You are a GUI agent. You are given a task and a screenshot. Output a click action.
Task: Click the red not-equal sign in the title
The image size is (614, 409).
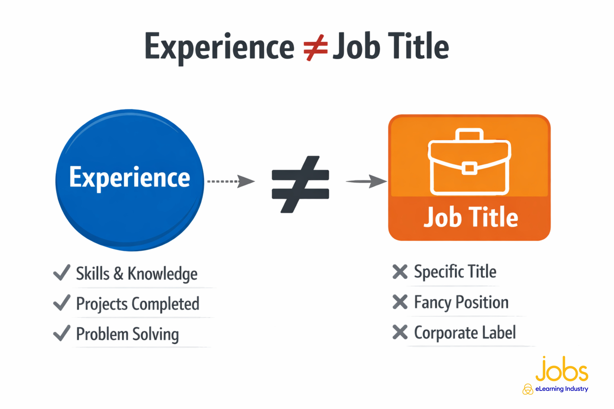316,48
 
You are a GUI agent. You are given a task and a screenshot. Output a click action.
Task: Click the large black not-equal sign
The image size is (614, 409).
300,184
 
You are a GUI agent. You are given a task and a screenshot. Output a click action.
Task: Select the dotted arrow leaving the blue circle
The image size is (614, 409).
231,181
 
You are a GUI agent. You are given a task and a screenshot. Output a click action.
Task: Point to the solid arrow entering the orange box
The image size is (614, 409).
367,181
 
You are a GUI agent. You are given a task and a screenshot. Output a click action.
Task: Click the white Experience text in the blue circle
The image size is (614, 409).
130,178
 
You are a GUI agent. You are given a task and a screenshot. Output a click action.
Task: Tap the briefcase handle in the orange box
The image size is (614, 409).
469,135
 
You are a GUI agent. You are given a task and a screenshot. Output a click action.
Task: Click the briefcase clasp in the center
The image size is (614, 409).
470,168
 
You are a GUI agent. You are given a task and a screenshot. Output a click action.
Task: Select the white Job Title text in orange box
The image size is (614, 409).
471,217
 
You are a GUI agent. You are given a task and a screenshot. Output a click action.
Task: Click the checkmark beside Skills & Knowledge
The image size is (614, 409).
62,273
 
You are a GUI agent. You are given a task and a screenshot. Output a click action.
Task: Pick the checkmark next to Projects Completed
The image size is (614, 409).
62,303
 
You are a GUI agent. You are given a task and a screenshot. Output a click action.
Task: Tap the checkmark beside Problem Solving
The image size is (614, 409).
62,333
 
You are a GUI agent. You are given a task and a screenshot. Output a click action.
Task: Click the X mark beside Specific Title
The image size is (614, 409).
400,272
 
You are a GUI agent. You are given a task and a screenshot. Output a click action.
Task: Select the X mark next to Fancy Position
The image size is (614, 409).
400,302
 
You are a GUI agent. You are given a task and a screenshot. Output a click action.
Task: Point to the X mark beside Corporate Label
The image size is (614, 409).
400,332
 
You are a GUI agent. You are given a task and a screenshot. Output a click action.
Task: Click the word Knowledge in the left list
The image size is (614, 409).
163,274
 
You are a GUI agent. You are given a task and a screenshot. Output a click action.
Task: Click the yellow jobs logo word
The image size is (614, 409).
562,369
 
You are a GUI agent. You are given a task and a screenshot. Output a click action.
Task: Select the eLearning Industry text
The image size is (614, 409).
562,389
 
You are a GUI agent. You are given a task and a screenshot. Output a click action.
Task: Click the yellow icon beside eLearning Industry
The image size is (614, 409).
528,389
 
